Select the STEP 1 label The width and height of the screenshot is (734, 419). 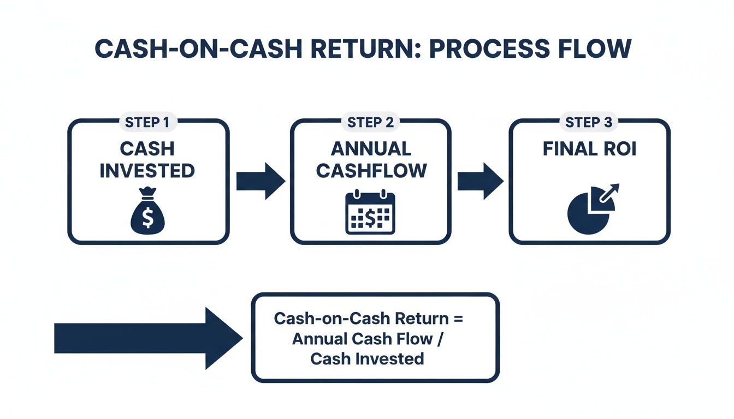pyautogui.click(x=147, y=123)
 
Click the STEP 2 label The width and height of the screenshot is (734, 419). pyautogui.click(x=370, y=123)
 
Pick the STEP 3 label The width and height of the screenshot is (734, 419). pyautogui.click(x=589, y=123)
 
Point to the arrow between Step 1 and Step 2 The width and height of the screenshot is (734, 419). pyautogui.click(x=260, y=181)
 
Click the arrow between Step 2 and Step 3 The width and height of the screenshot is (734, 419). pyautogui.click(x=480, y=181)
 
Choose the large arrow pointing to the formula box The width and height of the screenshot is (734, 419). pyautogui.click(x=147, y=338)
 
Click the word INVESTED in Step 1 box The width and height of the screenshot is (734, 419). pyautogui.click(x=147, y=171)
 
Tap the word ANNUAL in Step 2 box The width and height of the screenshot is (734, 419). pyautogui.click(x=371, y=148)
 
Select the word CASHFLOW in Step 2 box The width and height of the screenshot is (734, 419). pyautogui.click(x=371, y=171)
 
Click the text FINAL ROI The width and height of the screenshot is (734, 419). pyautogui.click(x=589, y=149)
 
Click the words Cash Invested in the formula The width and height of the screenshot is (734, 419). pyautogui.click(x=367, y=358)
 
